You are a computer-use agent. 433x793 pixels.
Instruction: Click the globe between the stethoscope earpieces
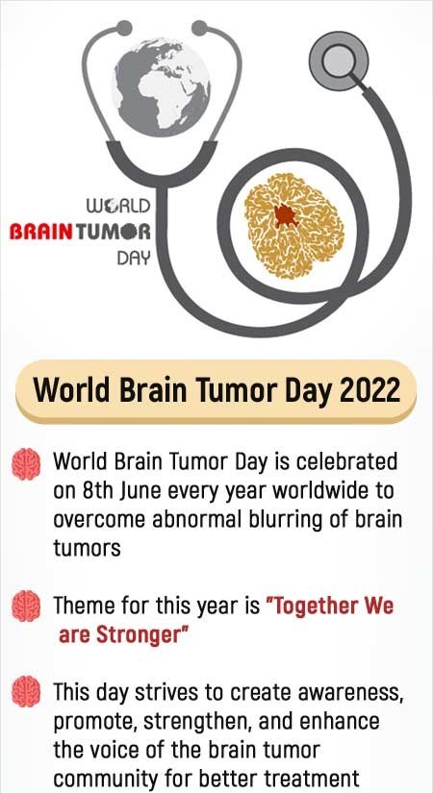[161, 87]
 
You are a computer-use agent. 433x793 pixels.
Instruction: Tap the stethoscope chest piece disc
[339, 62]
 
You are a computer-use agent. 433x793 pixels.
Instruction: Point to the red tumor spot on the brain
[286, 216]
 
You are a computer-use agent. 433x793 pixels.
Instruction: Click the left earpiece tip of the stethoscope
[123, 28]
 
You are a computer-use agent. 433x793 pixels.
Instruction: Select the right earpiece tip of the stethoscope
[199, 28]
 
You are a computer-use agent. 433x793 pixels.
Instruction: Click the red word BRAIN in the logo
[41, 233]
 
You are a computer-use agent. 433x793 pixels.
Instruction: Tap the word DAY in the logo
[134, 259]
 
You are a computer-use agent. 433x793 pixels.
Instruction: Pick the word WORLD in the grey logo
[118, 207]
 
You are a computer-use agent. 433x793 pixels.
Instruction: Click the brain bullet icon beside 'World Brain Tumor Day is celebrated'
[26, 463]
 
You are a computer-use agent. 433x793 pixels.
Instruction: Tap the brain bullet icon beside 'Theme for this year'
[26, 607]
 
